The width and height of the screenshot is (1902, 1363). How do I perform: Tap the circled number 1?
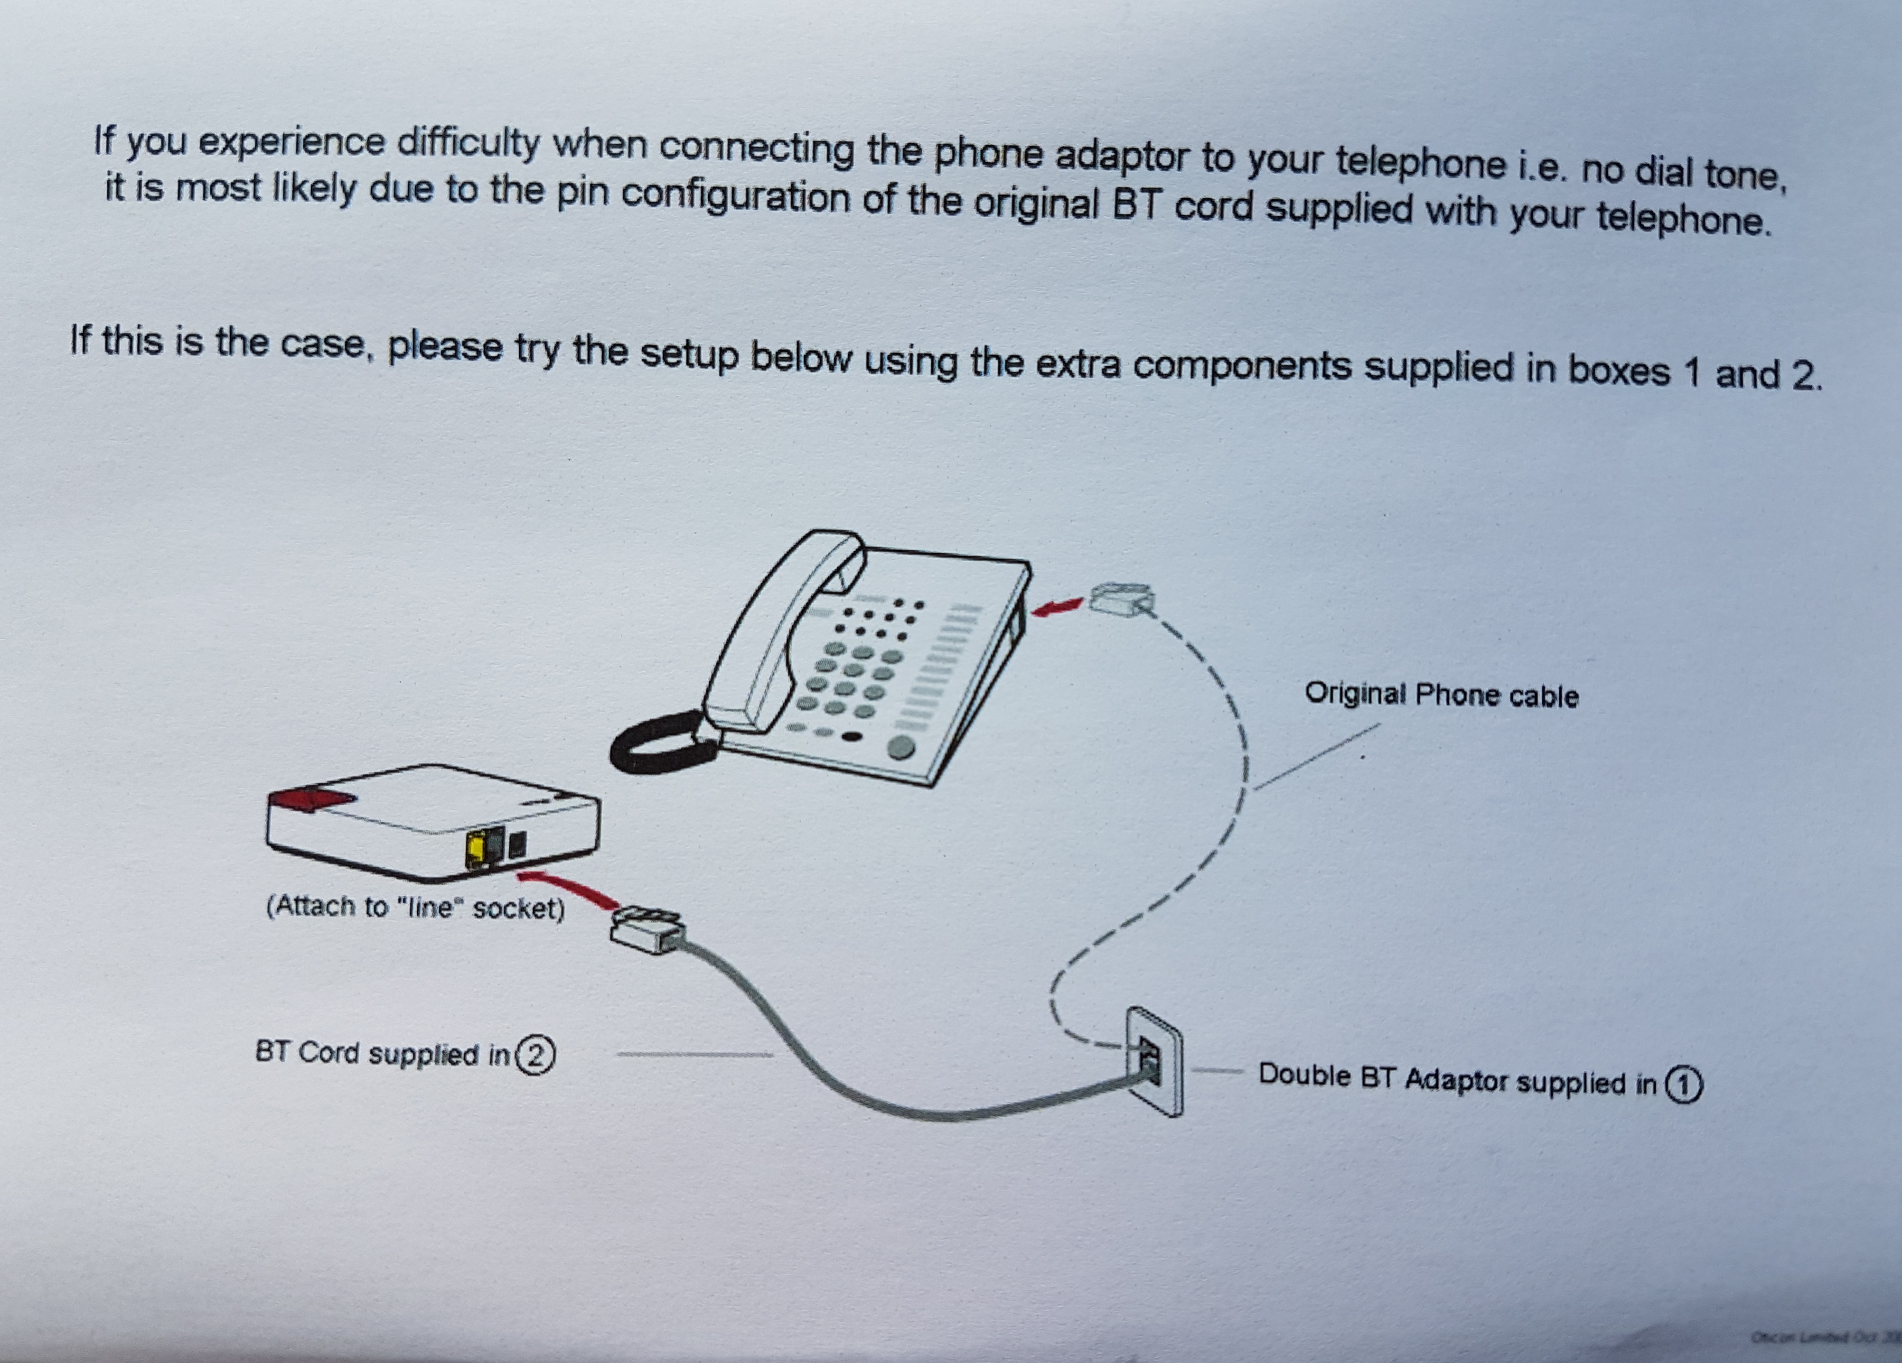point(1684,1084)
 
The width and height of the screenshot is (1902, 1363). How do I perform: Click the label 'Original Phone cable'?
point(1441,695)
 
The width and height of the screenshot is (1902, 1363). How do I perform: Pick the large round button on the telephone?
point(900,746)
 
